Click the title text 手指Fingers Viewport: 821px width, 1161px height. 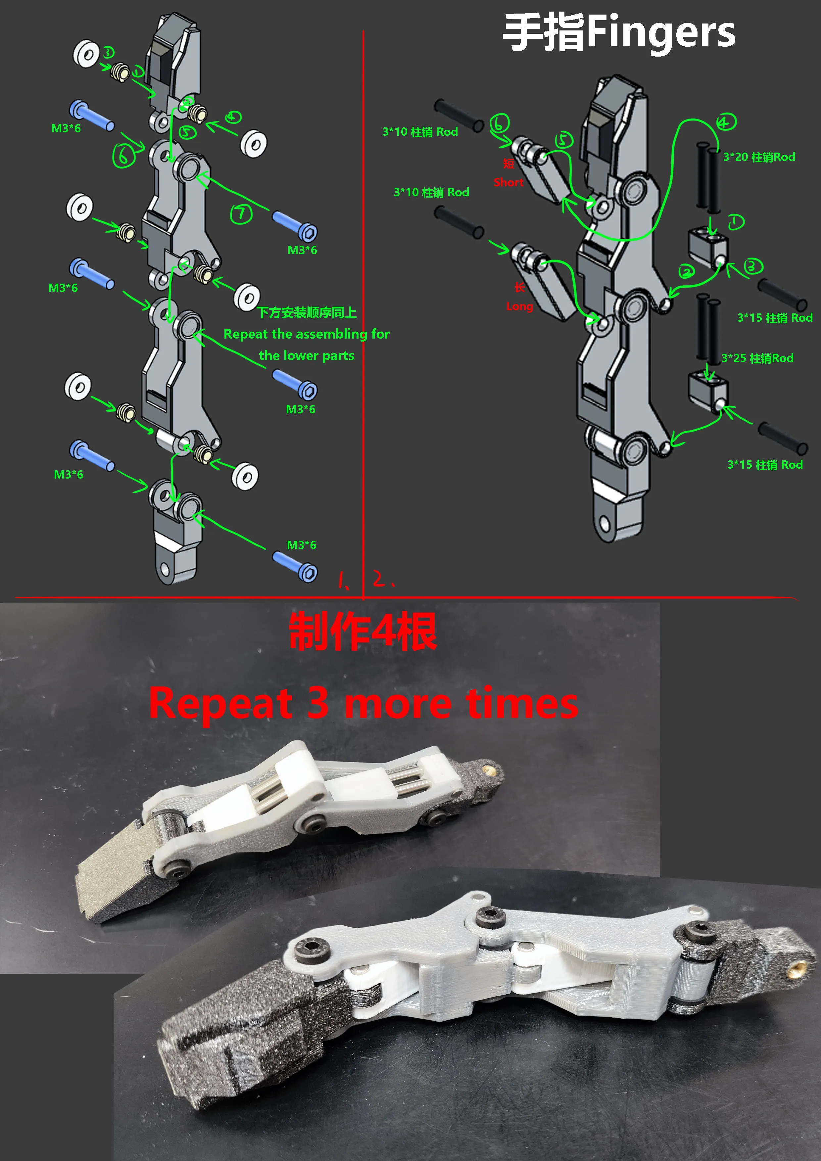[619, 33]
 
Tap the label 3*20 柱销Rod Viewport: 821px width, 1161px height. [759, 157]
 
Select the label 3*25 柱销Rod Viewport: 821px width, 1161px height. [757, 358]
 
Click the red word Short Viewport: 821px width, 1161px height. [508, 182]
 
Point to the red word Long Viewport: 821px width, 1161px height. [519, 306]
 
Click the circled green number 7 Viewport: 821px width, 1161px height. [241, 214]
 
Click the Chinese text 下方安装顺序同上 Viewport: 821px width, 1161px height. [307, 312]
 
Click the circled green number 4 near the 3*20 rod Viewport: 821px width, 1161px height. [726, 122]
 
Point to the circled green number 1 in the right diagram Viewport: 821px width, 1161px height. [736, 222]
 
